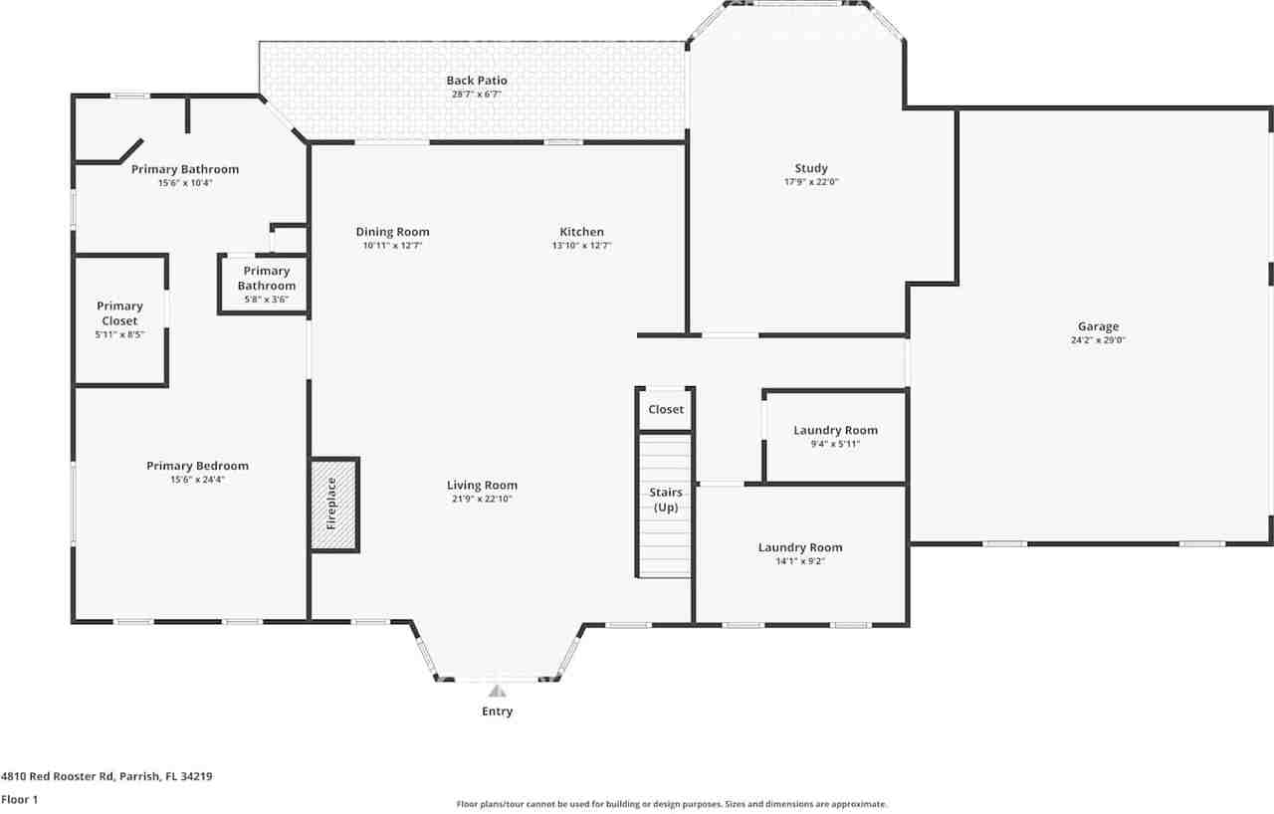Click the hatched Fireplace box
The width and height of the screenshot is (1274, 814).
coord(333,505)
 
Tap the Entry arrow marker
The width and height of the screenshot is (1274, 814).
coord(497,691)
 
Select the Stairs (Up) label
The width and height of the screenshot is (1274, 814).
coord(666,500)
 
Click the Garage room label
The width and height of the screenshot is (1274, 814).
coord(1098,326)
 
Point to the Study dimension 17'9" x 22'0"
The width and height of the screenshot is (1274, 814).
coord(811,182)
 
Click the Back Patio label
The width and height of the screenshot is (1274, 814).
coord(477,81)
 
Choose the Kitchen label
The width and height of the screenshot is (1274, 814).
coord(581,232)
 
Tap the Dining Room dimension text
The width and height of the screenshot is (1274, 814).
coord(392,245)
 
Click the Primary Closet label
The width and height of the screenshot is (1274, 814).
coord(119,313)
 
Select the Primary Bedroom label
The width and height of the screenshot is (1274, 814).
coord(197,466)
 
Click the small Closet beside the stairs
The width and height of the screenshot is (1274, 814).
coord(666,409)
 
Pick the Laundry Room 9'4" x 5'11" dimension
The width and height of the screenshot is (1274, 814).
coord(835,444)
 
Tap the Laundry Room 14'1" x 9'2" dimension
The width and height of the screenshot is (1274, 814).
coord(800,561)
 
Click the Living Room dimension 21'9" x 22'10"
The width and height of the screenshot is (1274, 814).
coord(482,500)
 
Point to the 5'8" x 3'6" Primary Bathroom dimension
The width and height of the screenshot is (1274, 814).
coord(266,300)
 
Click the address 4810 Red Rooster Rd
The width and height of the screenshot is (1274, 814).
coord(106,776)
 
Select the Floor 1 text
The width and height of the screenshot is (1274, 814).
coord(19,799)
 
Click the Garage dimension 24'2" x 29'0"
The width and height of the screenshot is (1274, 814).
coord(1098,340)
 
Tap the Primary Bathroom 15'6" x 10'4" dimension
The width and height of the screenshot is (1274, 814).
coord(185,183)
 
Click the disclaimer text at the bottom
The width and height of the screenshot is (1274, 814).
coord(672,804)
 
